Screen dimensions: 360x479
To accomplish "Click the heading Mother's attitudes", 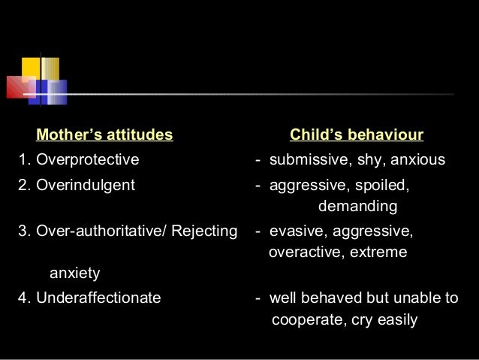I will click(x=104, y=136).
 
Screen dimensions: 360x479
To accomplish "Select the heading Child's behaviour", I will click(x=357, y=136).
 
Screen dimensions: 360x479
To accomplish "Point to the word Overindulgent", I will click(x=86, y=185).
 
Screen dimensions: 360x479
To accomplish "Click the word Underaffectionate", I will click(x=98, y=298).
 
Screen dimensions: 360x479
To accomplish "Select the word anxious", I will click(x=418, y=160).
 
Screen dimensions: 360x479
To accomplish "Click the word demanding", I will click(x=357, y=206).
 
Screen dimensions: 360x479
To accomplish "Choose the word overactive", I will click(x=304, y=252).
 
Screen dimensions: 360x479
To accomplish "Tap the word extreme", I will click(x=380, y=252).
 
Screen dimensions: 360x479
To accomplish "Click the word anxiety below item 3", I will click(x=74, y=273).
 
